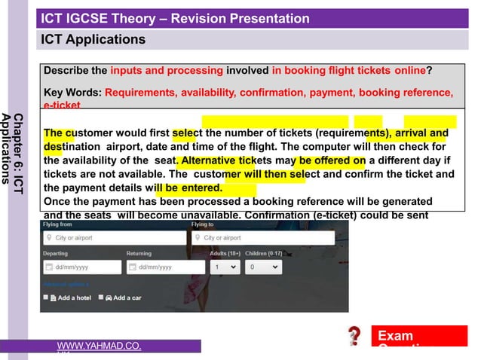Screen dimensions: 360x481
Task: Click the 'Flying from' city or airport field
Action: click(x=113, y=238)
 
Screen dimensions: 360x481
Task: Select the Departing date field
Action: click(x=81, y=267)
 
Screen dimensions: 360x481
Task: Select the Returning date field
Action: click(x=162, y=267)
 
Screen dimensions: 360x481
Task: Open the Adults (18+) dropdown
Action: click(x=225, y=267)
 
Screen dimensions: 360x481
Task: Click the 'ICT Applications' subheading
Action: click(x=93, y=38)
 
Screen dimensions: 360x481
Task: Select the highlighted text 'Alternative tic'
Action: click(x=211, y=160)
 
